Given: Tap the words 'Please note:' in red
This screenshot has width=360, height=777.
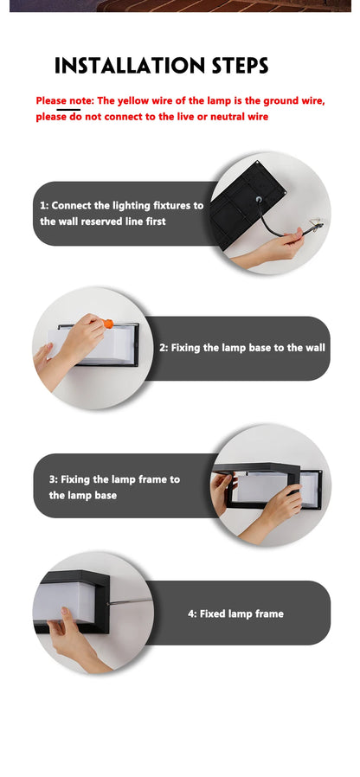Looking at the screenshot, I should click(65, 100).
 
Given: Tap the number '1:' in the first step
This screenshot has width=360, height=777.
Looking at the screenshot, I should click(44, 206).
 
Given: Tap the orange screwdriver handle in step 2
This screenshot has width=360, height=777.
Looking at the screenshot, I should click(108, 324).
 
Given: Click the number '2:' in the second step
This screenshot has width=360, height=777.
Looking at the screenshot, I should click(164, 348).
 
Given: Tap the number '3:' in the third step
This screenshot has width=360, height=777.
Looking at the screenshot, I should click(54, 479).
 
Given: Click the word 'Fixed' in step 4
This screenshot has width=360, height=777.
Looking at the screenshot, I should click(213, 613).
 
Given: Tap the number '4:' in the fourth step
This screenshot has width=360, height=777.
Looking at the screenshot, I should click(192, 613).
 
